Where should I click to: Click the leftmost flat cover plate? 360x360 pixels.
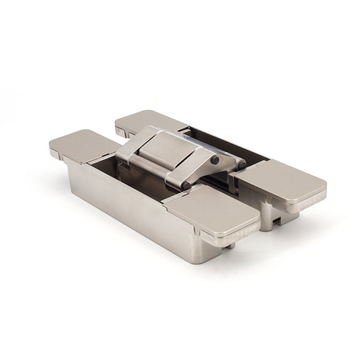coord(83,145)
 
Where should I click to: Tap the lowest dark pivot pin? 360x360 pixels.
coord(186,186)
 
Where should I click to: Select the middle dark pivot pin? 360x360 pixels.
coord(215,160)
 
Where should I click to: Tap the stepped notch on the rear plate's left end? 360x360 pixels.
coord(120,131)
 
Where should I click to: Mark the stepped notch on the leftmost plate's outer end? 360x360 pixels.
coord(55,153)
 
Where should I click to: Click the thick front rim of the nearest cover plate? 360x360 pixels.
coord(227,233)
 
